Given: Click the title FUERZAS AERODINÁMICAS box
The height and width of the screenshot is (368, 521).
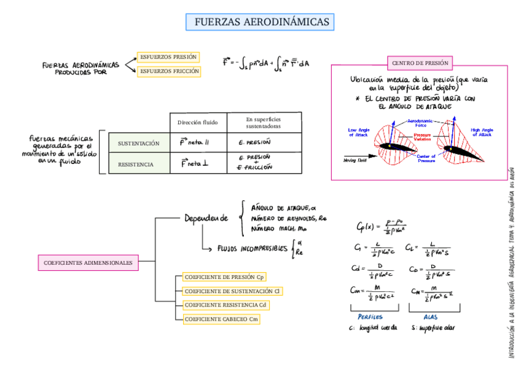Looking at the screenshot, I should pos(260,23).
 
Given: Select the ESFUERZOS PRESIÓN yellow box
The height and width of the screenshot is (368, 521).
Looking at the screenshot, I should pos(168,57).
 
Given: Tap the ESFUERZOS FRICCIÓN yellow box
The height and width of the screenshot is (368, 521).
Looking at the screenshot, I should pos(169,71).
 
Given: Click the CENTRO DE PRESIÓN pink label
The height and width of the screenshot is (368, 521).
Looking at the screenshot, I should pos(420,63).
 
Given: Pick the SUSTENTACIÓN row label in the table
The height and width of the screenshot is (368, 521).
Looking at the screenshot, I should pos(138,143).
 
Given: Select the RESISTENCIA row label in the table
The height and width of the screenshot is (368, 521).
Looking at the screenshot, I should pos(136,165).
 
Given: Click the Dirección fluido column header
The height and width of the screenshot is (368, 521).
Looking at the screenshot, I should pos(198,122).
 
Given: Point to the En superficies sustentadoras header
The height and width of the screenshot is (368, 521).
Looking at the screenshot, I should pos(263,122).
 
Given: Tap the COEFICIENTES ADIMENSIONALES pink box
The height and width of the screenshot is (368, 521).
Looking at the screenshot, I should pos(88,263).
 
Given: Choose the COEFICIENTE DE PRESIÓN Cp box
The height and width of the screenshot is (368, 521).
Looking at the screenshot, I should pos(224,277).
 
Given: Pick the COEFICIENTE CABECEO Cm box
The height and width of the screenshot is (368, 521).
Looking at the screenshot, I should pos(221,319).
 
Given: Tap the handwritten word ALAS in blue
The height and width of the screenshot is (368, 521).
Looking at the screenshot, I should pos(431,317).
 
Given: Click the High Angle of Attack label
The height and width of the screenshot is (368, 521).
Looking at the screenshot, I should pos(482,133).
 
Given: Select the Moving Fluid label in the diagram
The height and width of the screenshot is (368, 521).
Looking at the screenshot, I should pos(355,160).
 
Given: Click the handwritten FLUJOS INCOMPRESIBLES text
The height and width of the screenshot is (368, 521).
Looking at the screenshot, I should pos(252,249).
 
